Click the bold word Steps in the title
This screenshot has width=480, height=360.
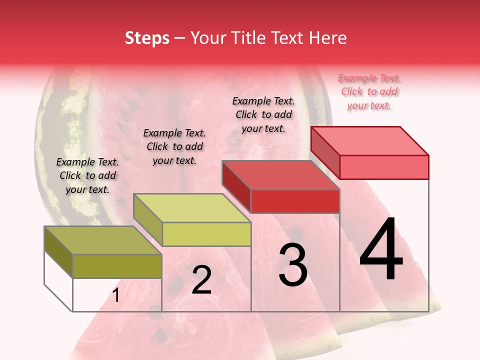point(147,38)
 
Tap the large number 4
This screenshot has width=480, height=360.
point(381,249)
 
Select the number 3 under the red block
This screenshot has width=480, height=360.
point(293,265)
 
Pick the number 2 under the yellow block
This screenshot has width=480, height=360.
point(201,280)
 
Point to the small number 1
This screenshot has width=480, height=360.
point(115,295)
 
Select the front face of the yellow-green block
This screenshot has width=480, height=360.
point(206,234)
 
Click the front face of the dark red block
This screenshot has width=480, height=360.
point(295,201)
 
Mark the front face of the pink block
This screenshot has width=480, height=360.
point(384,167)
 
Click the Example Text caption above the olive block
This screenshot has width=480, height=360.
point(87,175)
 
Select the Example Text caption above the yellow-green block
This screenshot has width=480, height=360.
point(174,146)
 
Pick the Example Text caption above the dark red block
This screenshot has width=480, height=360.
point(263,114)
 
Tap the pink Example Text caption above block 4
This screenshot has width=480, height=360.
point(369,91)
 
